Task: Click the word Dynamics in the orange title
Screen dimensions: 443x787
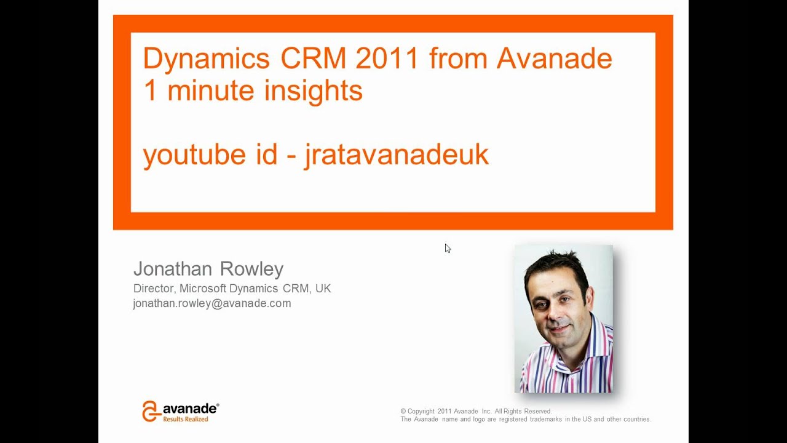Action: pyautogui.click(x=207, y=59)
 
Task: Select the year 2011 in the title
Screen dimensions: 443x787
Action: pyautogui.click(x=387, y=59)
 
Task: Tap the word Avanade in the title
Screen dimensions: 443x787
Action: pyautogui.click(x=554, y=59)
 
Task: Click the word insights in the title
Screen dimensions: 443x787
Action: pyautogui.click(x=313, y=90)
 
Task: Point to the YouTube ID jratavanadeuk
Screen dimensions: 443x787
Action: pyautogui.click(x=397, y=154)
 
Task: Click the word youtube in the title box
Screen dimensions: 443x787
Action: pyautogui.click(x=194, y=154)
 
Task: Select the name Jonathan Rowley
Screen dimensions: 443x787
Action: pyautogui.click(x=208, y=269)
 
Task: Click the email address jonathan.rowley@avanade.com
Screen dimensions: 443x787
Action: pyautogui.click(x=212, y=303)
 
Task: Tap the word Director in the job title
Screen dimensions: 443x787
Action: pyautogui.click(x=153, y=289)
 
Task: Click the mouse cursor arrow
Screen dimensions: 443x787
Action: pyautogui.click(x=448, y=248)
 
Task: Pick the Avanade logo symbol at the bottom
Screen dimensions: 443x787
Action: pyautogui.click(x=151, y=411)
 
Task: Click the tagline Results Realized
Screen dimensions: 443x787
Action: pyautogui.click(x=186, y=419)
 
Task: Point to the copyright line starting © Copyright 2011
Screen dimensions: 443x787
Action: pyautogui.click(x=476, y=411)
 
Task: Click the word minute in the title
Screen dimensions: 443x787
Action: pyautogui.click(x=210, y=90)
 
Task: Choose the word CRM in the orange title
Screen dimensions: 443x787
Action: pyautogui.click(x=314, y=59)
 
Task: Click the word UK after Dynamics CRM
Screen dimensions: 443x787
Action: pyautogui.click(x=323, y=289)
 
